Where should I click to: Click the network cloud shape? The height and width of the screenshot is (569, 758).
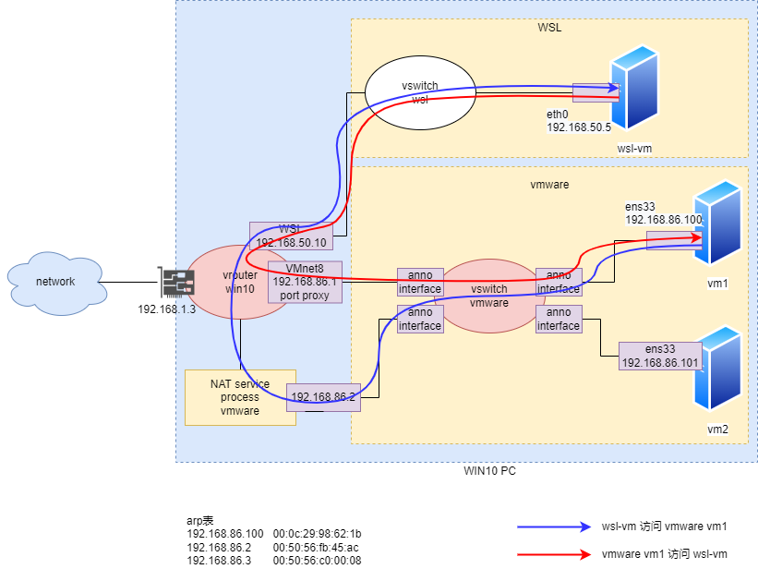tap(55, 283)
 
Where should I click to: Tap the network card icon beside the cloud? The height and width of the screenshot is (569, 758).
tap(176, 283)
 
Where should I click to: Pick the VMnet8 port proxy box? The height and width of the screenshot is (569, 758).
tap(305, 282)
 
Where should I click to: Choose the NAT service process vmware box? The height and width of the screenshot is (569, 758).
tap(240, 397)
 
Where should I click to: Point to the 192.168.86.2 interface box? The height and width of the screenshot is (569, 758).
tap(322, 397)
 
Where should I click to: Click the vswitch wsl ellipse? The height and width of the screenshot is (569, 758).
tap(420, 92)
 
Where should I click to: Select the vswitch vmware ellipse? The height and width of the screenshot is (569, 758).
tap(488, 296)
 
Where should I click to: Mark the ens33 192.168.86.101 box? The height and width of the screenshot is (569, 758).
tap(660, 356)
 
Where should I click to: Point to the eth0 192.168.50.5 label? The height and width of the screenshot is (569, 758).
tap(579, 120)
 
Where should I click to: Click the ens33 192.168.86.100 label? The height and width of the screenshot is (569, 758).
tap(663, 214)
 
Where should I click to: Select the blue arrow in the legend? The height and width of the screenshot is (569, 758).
tap(554, 527)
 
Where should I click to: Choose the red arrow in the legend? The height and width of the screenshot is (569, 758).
tap(554, 554)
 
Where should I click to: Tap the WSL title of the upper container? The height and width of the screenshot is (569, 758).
tap(549, 28)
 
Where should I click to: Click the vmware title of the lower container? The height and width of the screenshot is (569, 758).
tap(549, 185)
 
